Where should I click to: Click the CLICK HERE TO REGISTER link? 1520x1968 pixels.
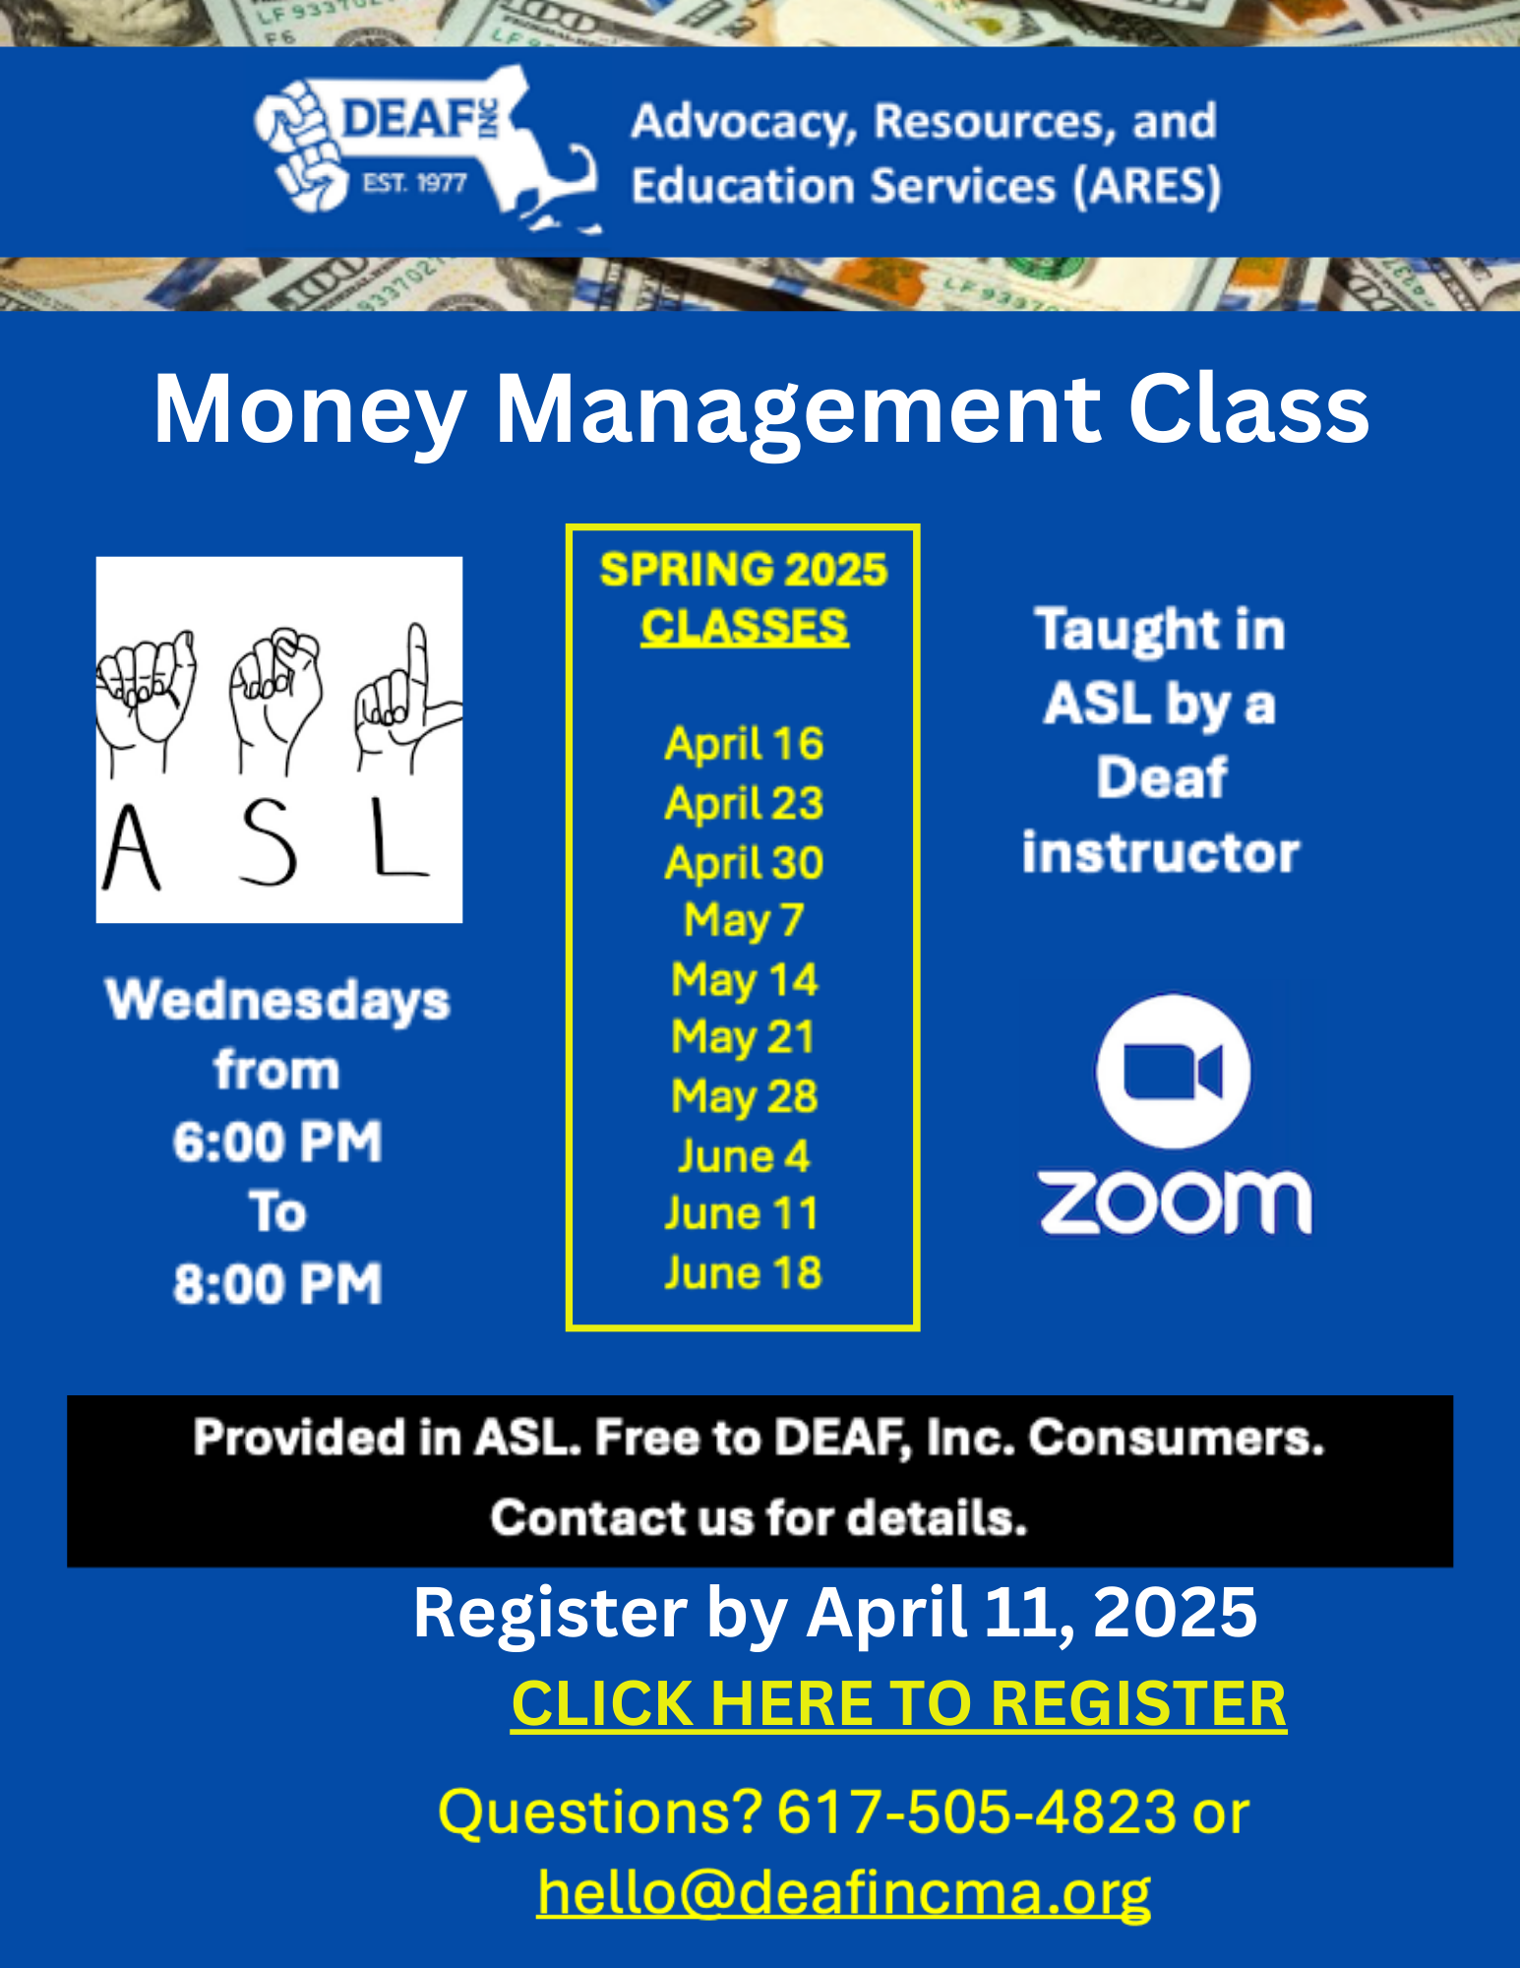click(898, 1703)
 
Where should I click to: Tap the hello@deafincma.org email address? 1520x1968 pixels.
click(844, 1890)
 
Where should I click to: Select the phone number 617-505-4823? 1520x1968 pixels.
click(976, 1812)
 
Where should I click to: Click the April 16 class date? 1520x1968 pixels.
click(744, 743)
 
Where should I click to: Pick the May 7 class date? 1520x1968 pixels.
click(744, 921)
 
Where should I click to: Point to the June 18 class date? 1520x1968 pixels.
click(743, 1272)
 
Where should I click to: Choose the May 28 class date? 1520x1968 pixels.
click(744, 1096)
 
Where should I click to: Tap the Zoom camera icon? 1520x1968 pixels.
click(1173, 1071)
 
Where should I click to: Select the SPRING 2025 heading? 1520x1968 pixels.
click(744, 570)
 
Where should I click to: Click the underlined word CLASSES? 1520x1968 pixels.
click(744, 627)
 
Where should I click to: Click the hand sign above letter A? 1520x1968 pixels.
click(146, 694)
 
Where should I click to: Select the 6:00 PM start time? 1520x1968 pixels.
click(277, 1141)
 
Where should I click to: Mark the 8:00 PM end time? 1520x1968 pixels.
click(277, 1283)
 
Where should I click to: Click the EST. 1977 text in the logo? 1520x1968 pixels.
click(414, 183)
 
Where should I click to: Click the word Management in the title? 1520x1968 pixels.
click(798, 408)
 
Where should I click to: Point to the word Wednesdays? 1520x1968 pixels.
click(277, 1000)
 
